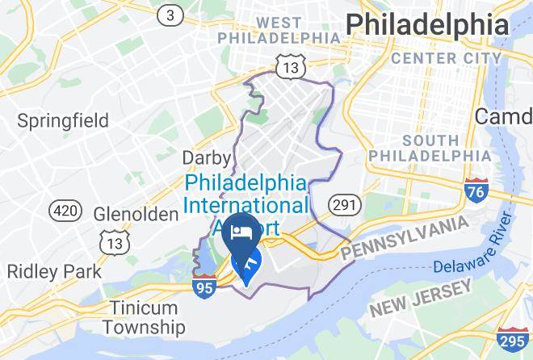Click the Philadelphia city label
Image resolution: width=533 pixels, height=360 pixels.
click(x=428, y=24)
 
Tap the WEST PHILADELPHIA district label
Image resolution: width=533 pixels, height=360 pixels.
click(x=288, y=29)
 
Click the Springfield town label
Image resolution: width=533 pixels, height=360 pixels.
click(x=63, y=121)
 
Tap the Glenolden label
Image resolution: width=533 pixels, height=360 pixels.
click(x=136, y=215)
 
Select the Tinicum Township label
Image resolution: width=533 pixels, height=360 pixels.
click(x=144, y=318)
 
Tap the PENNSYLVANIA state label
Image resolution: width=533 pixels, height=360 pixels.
click(x=404, y=238)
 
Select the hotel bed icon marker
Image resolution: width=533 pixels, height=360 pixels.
click(x=240, y=232)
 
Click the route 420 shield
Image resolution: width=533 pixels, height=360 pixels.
click(x=65, y=211)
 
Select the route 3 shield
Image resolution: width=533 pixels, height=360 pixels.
click(x=170, y=15)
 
